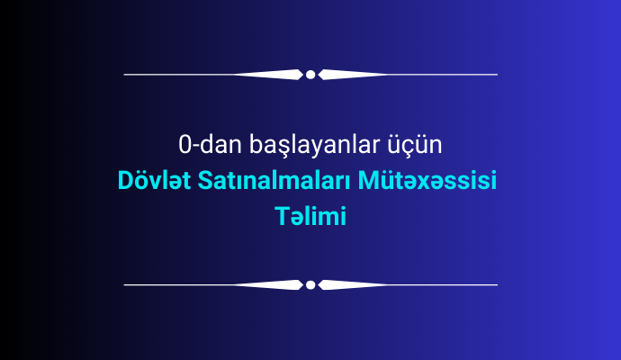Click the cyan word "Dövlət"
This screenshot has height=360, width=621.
(x=154, y=180)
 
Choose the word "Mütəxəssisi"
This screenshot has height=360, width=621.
(x=427, y=180)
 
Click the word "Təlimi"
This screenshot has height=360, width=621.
(x=310, y=216)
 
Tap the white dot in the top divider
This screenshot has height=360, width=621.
(x=310, y=75)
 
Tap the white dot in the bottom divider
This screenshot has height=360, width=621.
(x=310, y=284)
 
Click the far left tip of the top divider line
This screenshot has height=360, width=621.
(x=124, y=75)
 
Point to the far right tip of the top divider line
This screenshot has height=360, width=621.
(x=498, y=75)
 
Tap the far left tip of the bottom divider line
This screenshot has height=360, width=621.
(x=124, y=284)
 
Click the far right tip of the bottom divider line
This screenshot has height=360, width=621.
(x=498, y=284)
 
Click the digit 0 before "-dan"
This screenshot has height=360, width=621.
(x=184, y=145)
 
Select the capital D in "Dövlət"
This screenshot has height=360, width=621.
(x=125, y=181)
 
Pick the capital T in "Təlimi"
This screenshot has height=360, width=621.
(x=282, y=216)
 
